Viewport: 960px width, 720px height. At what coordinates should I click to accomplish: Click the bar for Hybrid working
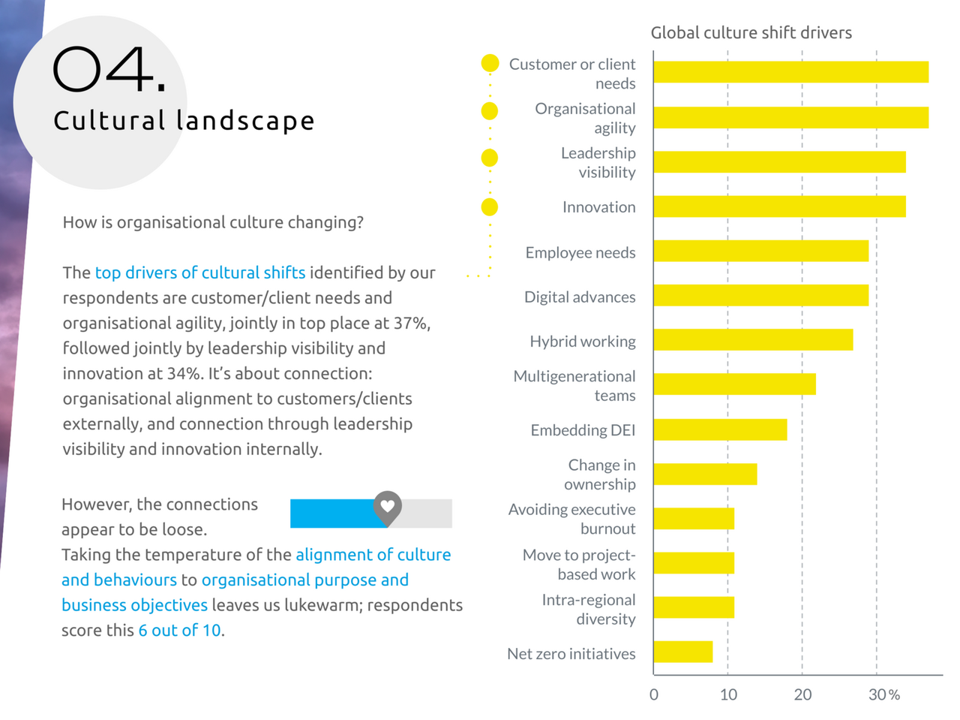(x=753, y=340)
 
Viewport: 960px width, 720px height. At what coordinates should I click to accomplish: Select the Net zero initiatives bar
(x=682, y=652)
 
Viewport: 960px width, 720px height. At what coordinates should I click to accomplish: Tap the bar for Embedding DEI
(x=720, y=429)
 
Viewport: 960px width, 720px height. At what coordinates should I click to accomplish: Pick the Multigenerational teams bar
(x=734, y=384)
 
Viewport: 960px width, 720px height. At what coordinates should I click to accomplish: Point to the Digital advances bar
(x=760, y=296)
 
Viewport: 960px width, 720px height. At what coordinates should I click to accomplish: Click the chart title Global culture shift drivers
(x=751, y=33)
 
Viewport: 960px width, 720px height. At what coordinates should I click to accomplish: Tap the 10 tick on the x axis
(x=728, y=694)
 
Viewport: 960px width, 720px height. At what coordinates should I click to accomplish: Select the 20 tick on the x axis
(x=802, y=694)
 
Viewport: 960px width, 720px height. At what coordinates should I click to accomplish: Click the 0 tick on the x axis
(x=654, y=694)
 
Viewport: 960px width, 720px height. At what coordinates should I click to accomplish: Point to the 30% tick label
(x=883, y=694)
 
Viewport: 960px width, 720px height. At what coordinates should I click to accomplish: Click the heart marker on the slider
(x=387, y=507)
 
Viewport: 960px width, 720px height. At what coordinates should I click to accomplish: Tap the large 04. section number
(x=109, y=71)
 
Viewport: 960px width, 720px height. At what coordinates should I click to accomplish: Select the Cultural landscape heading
(x=184, y=121)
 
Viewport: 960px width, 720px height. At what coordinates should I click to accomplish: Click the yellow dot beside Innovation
(x=490, y=206)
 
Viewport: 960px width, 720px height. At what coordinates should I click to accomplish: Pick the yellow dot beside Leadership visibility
(x=490, y=158)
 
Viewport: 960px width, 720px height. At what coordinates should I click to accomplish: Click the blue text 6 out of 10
(x=179, y=631)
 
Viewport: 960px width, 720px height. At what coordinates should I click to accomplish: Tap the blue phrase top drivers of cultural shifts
(x=200, y=273)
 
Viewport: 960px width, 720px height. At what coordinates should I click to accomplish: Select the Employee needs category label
(x=580, y=253)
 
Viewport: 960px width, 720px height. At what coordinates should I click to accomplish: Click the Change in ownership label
(x=601, y=474)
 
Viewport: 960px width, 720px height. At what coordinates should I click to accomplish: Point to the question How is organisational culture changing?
(x=213, y=222)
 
